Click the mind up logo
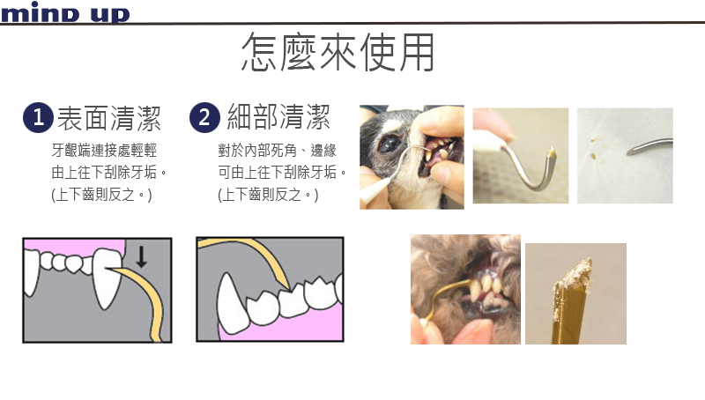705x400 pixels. coord(64,12)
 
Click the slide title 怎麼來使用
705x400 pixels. coord(338,52)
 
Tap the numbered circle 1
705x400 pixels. coord(38,118)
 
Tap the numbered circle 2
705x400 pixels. coord(204,118)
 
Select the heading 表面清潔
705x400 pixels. coord(109,119)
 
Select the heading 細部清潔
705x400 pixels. coord(278,116)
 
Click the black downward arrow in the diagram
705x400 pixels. coord(141,256)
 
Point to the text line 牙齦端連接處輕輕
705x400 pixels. coord(104,150)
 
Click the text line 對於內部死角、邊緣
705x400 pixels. coord(277,150)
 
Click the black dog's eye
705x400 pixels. coord(390,144)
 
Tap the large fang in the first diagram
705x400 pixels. coord(107,278)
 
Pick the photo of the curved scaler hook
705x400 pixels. coord(521,155)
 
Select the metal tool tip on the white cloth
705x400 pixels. coord(649,146)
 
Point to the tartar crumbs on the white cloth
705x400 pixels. coord(594,150)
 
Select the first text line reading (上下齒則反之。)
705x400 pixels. coord(101,195)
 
